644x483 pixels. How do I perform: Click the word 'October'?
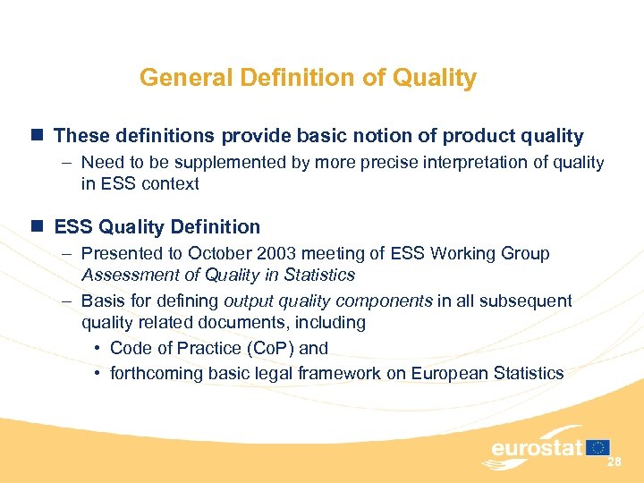[217, 254]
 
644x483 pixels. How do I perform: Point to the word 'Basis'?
[103, 301]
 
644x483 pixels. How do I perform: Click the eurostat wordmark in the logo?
[537, 448]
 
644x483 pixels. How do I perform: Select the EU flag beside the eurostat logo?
[598, 447]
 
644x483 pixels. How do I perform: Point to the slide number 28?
[614, 462]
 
